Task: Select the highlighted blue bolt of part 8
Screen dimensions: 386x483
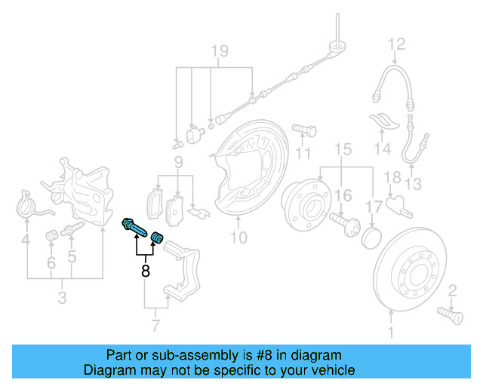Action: click(x=135, y=225)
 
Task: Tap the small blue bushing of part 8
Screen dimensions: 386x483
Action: click(x=157, y=238)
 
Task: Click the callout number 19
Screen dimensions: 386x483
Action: click(x=219, y=51)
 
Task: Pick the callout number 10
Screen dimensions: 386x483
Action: click(x=238, y=240)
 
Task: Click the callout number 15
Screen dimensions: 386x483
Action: click(x=343, y=149)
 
